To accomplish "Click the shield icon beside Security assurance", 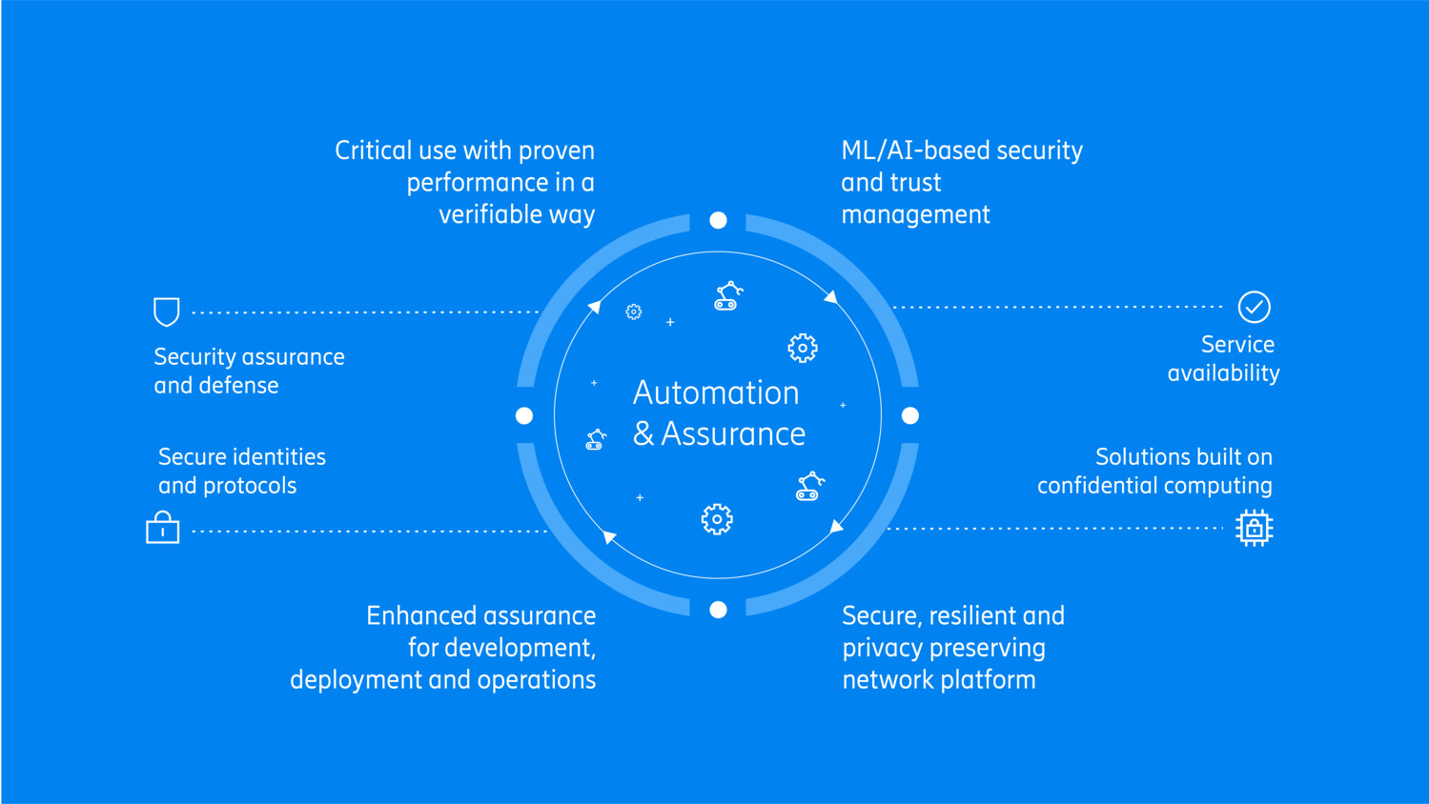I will (167, 312).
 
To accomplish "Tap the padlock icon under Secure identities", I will (163, 528).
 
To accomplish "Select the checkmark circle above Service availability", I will (1254, 307).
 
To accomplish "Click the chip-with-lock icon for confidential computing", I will (1254, 528).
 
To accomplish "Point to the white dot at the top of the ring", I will (719, 221).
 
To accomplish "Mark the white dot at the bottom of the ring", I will (719, 610).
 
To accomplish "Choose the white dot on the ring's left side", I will (524, 415).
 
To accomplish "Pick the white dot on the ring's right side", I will (910, 415).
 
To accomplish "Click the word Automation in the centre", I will (716, 392).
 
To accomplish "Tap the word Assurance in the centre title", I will (733, 434).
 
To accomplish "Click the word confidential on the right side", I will (1097, 486).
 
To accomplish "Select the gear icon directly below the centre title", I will (717, 519).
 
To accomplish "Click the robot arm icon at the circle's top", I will (728, 296).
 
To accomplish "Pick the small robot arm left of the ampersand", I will (596, 439).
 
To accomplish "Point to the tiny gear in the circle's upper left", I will (634, 312).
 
